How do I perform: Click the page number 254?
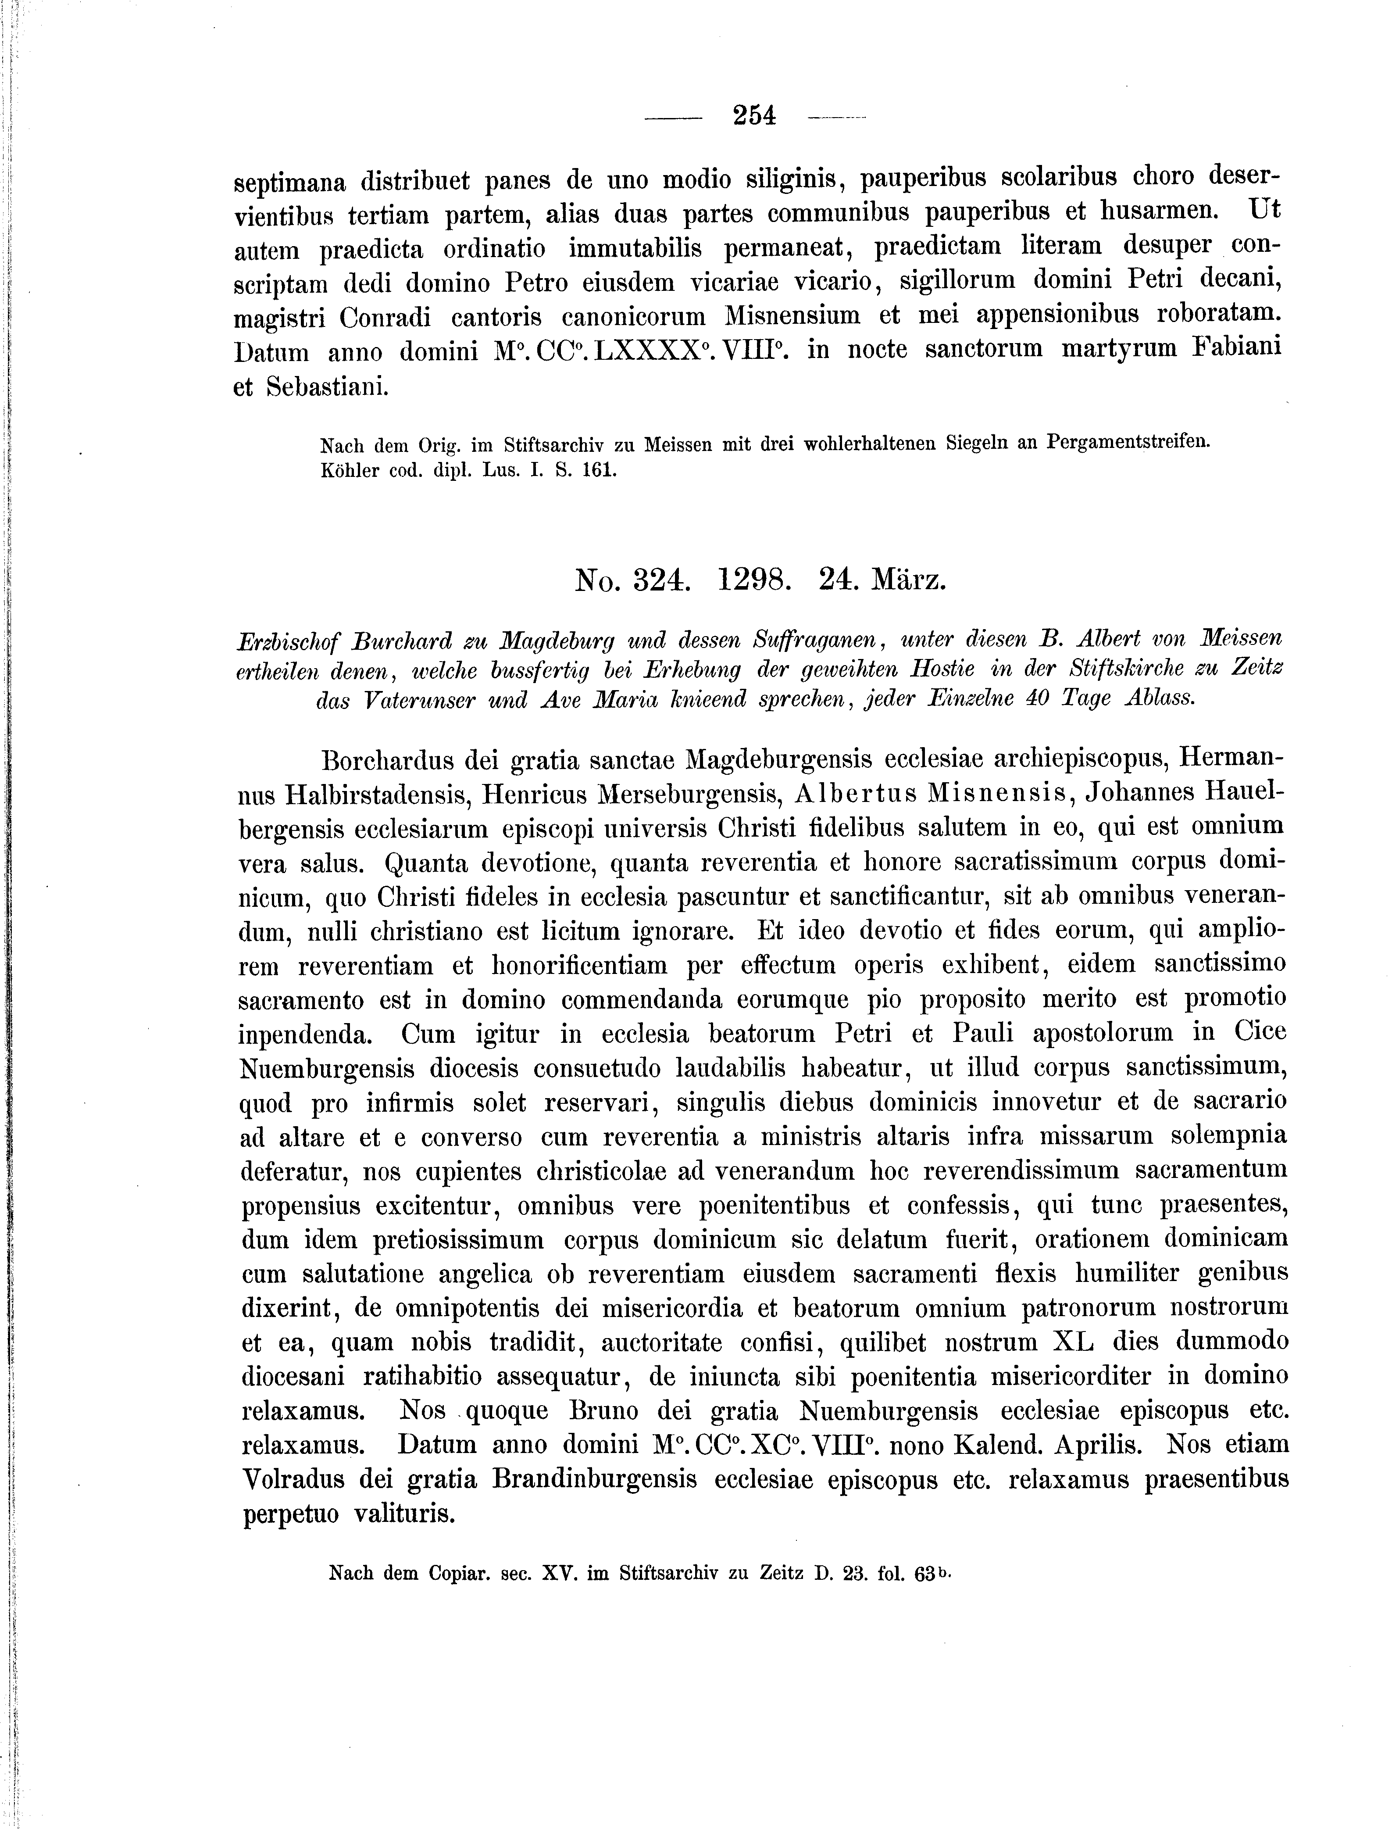pyautogui.click(x=754, y=115)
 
